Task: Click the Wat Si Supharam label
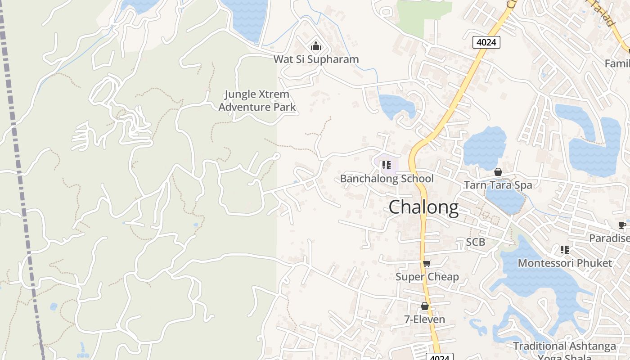click(x=316, y=59)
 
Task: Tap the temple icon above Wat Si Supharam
click(x=316, y=46)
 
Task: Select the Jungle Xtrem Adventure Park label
click(x=257, y=101)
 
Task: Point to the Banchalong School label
click(x=387, y=179)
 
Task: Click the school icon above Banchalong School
click(x=386, y=165)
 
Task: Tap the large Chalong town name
click(x=423, y=207)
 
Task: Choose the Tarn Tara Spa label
click(x=498, y=185)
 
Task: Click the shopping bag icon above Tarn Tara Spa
click(x=498, y=172)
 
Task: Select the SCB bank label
click(x=475, y=242)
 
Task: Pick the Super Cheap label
click(x=427, y=277)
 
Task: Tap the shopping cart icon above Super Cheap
click(x=427, y=263)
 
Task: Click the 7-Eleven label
click(x=424, y=319)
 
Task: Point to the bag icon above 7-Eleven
click(x=424, y=306)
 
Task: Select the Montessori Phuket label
click(x=565, y=263)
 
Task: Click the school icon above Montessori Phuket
click(x=565, y=249)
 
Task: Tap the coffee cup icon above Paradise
click(x=622, y=225)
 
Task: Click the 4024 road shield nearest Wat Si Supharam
click(x=486, y=42)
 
